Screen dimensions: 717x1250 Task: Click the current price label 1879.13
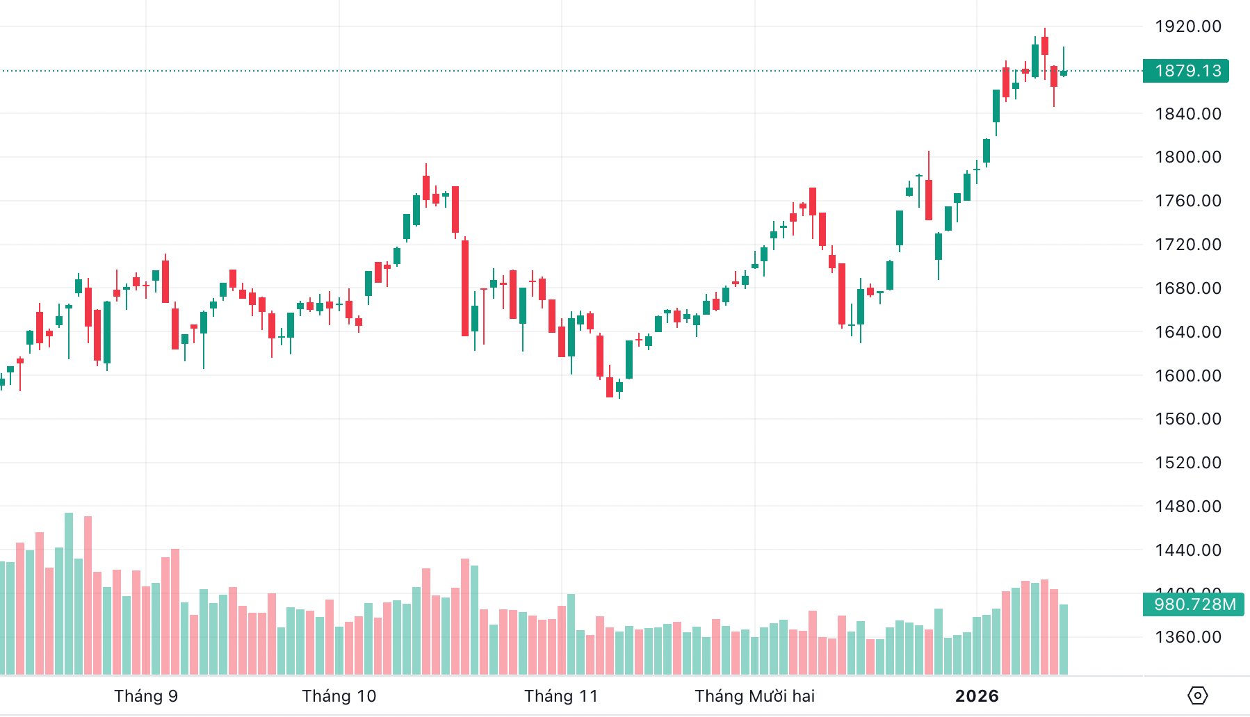tap(1187, 71)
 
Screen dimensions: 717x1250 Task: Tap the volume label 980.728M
tap(1194, 604)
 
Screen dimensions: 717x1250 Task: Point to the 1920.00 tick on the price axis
tap(1187, 26)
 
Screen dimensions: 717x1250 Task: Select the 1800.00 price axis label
tap(1187, 157)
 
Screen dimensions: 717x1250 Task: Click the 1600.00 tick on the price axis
tap(1187, 376)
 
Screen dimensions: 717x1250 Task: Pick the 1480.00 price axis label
tap(1187, 506)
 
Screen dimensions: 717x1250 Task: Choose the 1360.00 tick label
tap(1187, 637)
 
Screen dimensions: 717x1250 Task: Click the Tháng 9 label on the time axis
tap(146, 696)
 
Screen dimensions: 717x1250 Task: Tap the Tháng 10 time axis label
tap(339, 696)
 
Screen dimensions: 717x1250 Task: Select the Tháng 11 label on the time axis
tap(561, 696)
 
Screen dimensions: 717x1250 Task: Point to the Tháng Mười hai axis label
tap(754, 696)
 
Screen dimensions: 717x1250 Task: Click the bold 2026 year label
tap(977, 696)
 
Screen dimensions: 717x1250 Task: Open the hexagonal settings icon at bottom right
tap(1198, 695)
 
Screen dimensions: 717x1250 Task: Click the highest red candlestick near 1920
tap(1045, 46)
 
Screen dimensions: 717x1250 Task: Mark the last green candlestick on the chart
tap(1064, 72)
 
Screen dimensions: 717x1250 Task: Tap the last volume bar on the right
tap(1064, 639)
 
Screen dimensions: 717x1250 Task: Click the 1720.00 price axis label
tap(1187, 245)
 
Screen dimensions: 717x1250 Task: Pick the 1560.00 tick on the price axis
tap(1187, 419)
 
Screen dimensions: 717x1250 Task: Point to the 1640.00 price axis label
tap(1187, 332)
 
